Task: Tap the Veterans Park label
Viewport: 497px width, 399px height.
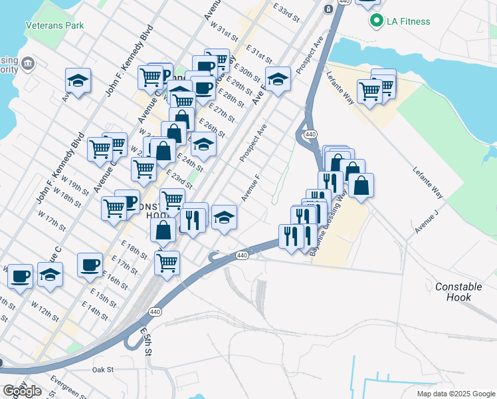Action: (x=54, y=25)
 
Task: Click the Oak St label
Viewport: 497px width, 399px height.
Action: (x=103, y=369)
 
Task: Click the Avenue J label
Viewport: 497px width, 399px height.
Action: (x=427, y=221)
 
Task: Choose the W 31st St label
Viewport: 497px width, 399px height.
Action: (x=223, y=30)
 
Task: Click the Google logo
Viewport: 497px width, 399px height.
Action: (x=22, y=391)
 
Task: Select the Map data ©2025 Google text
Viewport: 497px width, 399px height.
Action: (x=455, y=394)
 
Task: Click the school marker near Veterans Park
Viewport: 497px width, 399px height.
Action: (x=78, y=80)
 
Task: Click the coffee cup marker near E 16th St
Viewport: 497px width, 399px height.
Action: (x=90, y=264)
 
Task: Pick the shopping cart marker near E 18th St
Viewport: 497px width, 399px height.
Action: (x=167, y=261)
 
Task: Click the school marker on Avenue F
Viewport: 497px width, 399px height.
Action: (x=225, y=217)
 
